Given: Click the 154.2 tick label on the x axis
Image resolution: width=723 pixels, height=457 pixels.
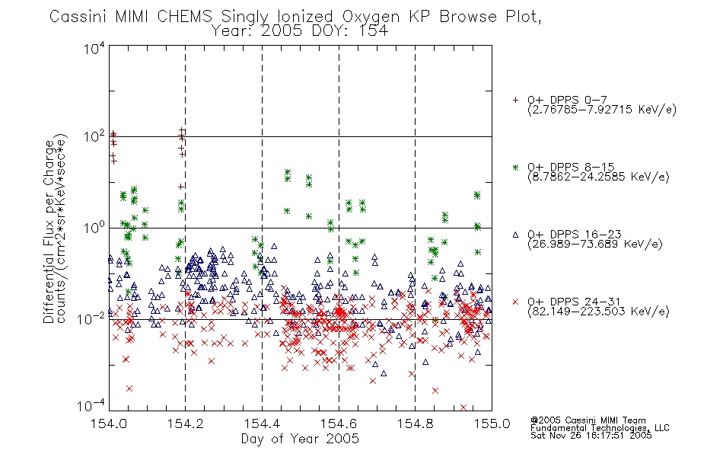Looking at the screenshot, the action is click(186, 423).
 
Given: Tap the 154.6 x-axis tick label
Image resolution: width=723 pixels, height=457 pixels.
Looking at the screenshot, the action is click(339, 423).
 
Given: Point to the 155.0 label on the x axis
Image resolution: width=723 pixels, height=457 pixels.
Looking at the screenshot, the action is click(492, 423).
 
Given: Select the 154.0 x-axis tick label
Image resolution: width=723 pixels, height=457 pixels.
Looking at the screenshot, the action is click(109, 423).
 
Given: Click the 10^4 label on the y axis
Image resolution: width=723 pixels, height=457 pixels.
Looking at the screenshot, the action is click(94, 49).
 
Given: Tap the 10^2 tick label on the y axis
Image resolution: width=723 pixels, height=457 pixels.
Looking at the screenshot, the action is click(94, 136).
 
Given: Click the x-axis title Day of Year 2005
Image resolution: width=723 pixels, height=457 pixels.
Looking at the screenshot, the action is click(300, 439).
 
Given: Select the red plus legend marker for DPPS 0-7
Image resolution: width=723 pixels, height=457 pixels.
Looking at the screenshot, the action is click(515, 100).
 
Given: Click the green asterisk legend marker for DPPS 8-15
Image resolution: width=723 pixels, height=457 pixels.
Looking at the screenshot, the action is click(515, 167).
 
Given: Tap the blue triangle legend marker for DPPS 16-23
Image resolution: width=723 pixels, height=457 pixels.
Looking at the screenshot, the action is click(515, 235).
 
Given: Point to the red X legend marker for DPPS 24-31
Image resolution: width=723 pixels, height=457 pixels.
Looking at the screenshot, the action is click(515, 302).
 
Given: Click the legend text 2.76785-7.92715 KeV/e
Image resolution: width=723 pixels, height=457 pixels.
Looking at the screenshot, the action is click(602, 110).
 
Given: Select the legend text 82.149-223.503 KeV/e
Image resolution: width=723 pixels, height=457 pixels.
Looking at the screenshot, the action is click(598, 312).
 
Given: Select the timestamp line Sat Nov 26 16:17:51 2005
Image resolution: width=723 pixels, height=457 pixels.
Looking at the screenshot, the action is click(591, 436).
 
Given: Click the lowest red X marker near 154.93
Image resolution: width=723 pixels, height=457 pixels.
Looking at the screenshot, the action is click(463, 407).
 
